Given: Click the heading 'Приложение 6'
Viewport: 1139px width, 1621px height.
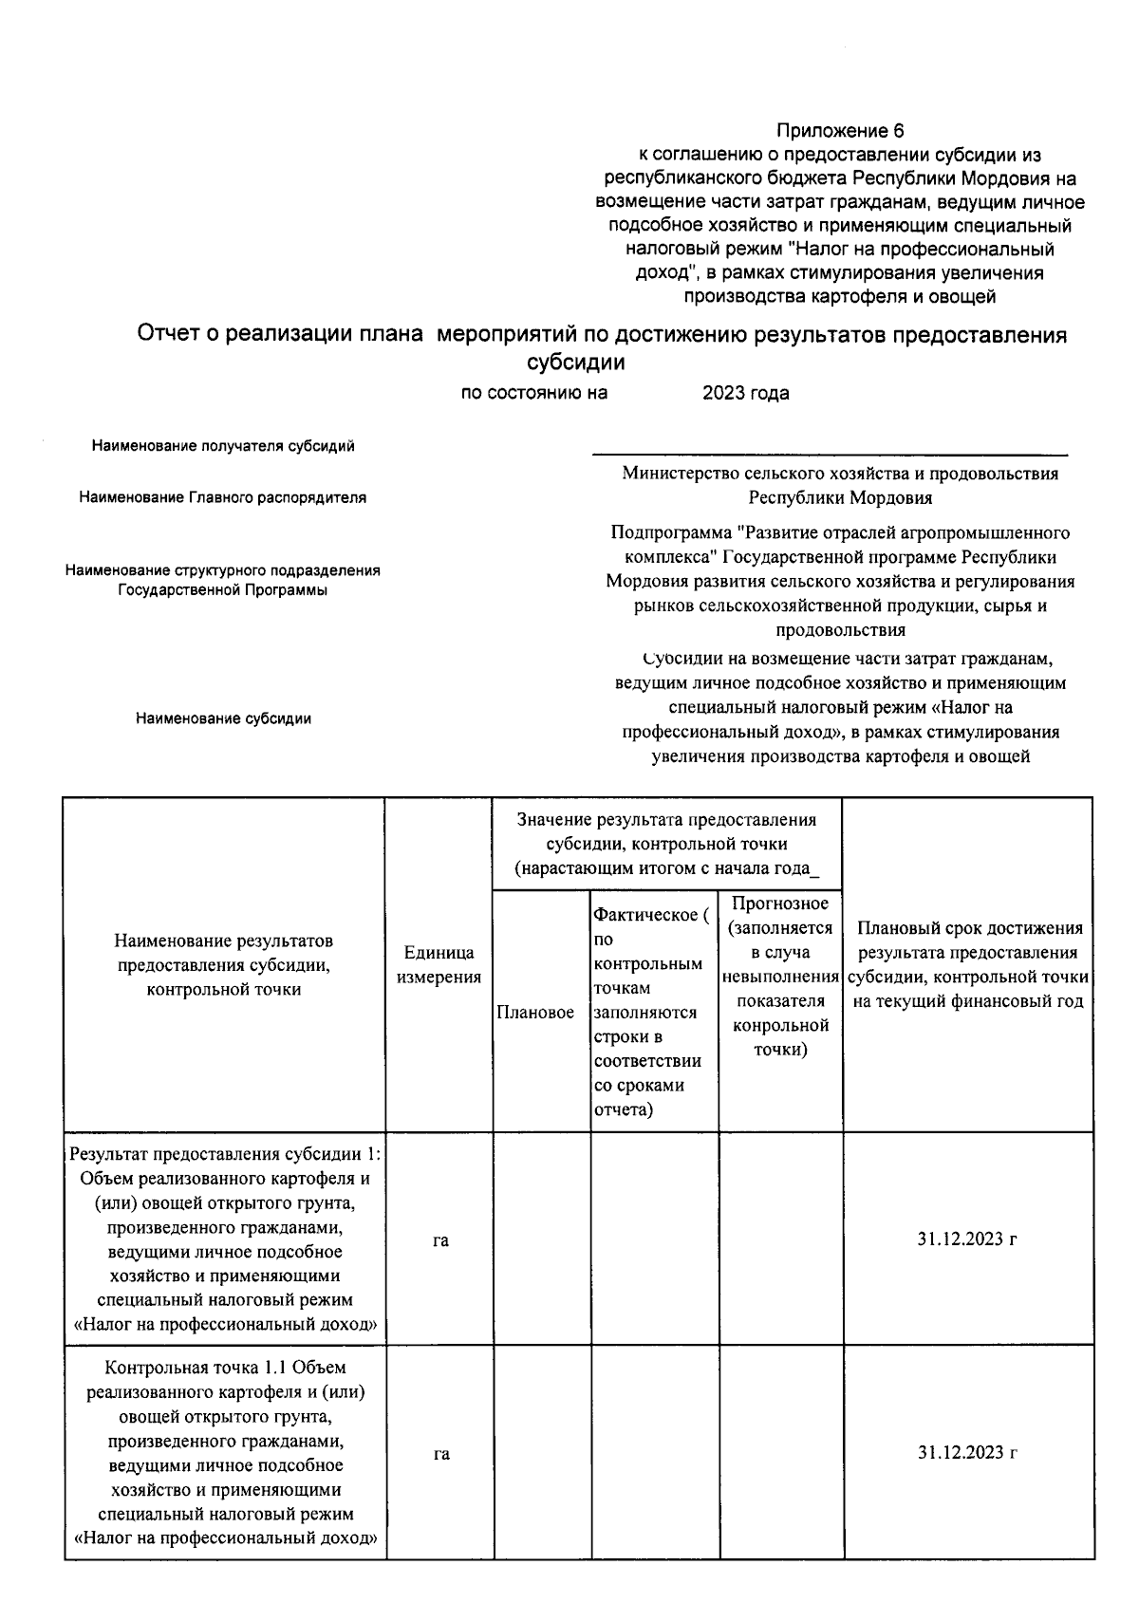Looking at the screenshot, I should (840, 131).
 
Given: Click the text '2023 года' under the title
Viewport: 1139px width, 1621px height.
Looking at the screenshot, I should (745, 393).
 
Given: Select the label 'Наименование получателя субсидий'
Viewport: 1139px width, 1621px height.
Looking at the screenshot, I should (223, 446).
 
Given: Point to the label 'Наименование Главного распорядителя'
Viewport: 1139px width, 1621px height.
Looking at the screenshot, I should (223, 497).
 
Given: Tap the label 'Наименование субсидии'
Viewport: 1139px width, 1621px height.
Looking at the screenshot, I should (223, 718).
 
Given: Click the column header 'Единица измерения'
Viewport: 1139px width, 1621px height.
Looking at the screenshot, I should (439, 964).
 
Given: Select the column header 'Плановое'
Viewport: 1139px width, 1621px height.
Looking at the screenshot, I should (535, 1013).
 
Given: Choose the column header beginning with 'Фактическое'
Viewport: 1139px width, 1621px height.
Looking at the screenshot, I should (653, 1012).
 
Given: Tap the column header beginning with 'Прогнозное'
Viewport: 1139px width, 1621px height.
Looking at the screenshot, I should (780, 976).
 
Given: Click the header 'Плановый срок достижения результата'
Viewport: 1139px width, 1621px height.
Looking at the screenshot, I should (968, 964).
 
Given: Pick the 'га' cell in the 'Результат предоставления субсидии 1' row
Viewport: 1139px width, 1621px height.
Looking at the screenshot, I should (440, 1239).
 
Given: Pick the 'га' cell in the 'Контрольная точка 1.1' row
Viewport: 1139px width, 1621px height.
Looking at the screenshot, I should (440, 1453).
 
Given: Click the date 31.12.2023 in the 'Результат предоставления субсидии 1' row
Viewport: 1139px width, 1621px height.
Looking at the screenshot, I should (967, 1239).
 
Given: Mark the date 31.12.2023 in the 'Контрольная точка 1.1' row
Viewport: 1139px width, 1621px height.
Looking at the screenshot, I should (967, 1453).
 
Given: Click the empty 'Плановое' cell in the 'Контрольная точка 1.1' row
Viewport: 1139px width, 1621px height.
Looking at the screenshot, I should (541, 1453).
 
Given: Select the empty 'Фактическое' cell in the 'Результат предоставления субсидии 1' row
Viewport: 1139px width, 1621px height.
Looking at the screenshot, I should (654, 1239).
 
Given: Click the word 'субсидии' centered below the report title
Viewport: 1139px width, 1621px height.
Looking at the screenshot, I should (575, 363).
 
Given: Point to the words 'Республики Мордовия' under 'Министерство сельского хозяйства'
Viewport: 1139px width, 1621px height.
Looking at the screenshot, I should (840, 497).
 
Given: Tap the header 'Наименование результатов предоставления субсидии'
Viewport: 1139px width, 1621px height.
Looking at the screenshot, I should (223, 964).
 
